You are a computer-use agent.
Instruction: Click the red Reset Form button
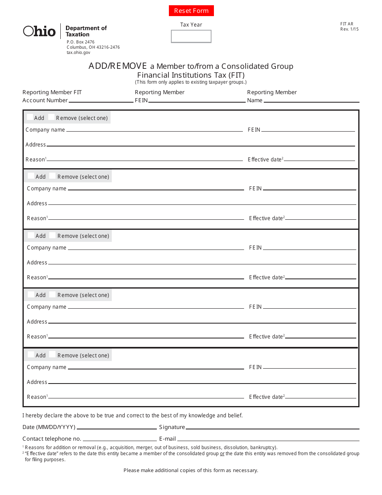coord(191,11)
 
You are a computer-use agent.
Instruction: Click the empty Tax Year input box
coord(191,36)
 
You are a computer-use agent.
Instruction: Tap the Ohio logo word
coord(39,31)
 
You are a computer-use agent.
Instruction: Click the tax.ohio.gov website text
coord(78,52)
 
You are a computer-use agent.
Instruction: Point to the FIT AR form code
coord(347,24)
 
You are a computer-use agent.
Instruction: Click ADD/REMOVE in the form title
coord(118,66)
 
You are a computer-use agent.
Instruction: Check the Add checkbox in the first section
coord(30,117)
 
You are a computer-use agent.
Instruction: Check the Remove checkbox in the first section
coord(51,117)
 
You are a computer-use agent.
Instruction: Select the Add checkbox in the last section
coord(31,355)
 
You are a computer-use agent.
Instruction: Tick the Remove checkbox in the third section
coord(53,235)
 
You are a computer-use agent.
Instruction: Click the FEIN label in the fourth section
coord(255,307)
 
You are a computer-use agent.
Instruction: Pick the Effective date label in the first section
coord(265,159)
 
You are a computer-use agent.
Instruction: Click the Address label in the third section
coord(37,262)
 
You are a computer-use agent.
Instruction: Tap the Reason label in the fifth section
coord(37,397)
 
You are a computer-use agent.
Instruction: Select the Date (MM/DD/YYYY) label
coord(49,427)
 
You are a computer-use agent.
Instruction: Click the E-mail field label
coord(167,439)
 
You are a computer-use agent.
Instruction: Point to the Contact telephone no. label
coord(52,439)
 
